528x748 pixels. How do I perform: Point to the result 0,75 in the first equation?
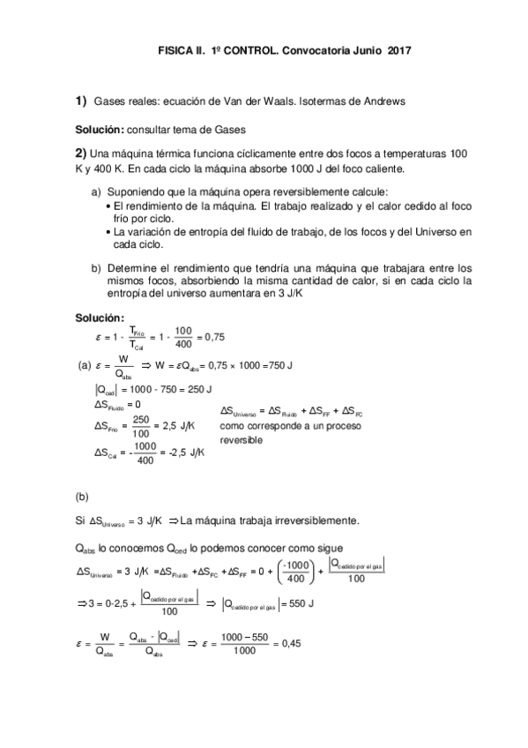pos(213,335)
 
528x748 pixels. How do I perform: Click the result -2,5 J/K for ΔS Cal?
pos(186,453)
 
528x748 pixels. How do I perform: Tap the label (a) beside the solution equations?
pos(86,364)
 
